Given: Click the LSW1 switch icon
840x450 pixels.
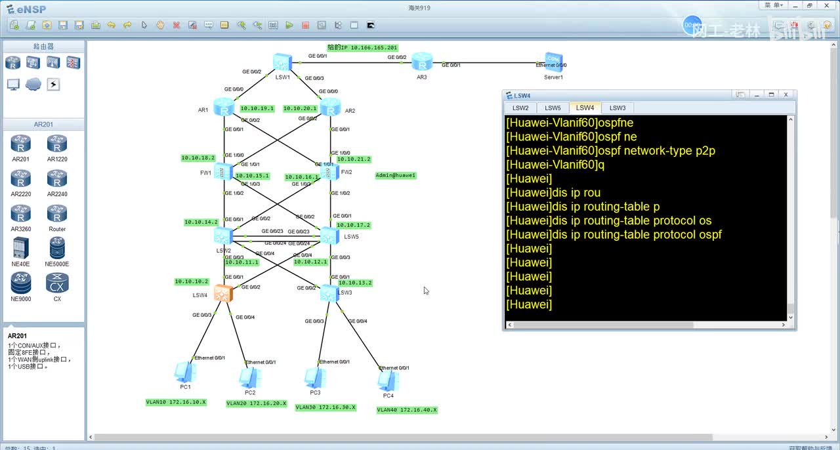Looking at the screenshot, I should coord(282,62).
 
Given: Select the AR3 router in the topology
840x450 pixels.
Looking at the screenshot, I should coord(422,63).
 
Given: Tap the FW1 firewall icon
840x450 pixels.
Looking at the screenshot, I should coord(224,172).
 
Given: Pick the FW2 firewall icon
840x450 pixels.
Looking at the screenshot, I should coord(330,172).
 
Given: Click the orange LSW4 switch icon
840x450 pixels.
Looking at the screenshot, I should coord(223,293).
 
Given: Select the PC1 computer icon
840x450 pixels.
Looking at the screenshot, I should coord(184,372).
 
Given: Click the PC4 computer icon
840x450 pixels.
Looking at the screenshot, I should coord(388,380).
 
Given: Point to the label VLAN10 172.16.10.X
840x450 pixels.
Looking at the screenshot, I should coord(176,402).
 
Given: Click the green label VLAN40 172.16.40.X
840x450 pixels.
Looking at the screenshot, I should coord(407,410).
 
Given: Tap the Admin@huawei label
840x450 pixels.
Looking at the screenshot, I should coord(396,175).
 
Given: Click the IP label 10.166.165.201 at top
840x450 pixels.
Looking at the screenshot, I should coord(362,48).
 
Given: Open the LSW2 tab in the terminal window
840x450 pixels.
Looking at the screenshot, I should coord(520,108).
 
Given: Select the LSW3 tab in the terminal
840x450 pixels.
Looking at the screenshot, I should coord(617,108).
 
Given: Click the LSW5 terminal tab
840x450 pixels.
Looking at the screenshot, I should coord(553,108).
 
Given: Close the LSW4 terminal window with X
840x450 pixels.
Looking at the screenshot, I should coord(786,94).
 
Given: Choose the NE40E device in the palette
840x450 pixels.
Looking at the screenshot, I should coord(20,251).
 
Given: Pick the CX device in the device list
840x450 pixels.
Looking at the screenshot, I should coord(57,287).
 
